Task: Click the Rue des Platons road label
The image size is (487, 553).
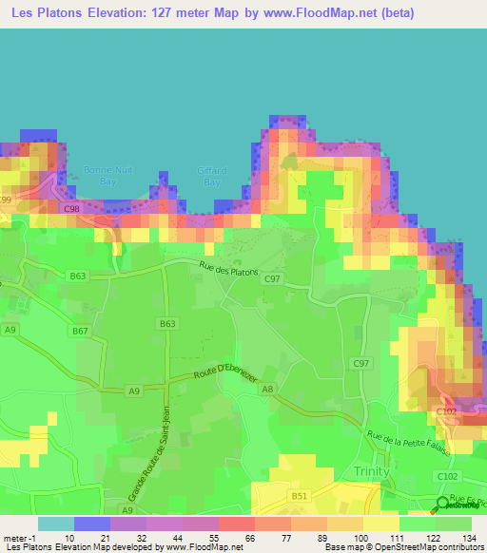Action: [229, 270]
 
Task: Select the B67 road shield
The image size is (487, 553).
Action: [79, 332]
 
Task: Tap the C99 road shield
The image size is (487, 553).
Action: [6, 199]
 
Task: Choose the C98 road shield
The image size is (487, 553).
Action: [70, 208]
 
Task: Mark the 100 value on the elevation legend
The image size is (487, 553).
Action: [360, 538]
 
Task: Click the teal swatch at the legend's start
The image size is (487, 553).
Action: [55, 524]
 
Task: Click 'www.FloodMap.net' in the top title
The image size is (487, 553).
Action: [322, 15]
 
